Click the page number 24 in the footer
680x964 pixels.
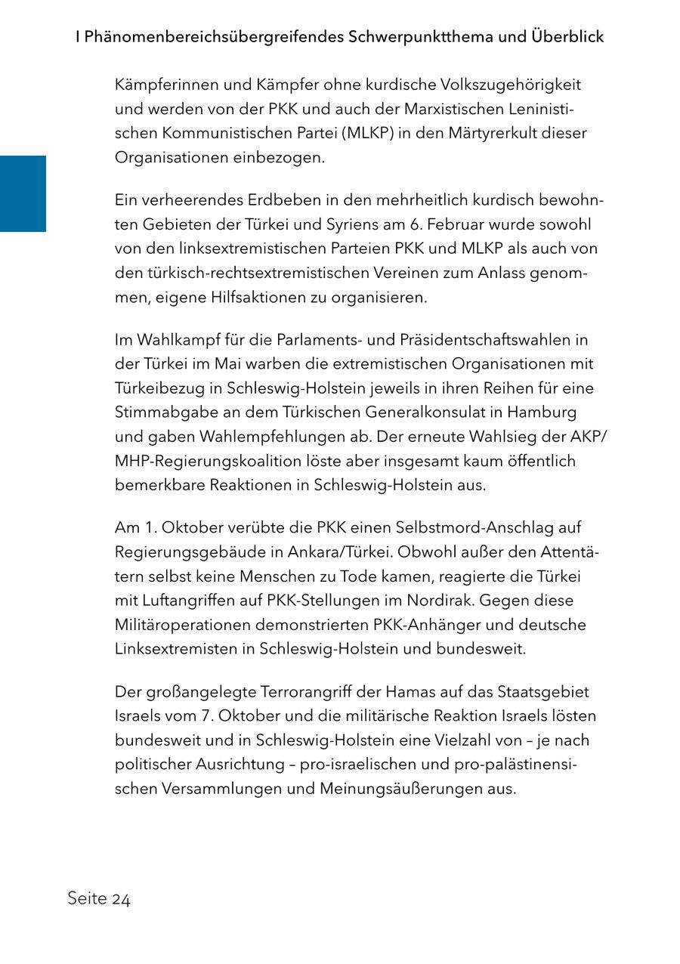pos(122,899)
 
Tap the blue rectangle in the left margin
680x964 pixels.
pos(23,193)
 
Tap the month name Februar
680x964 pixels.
pos(481,224)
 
